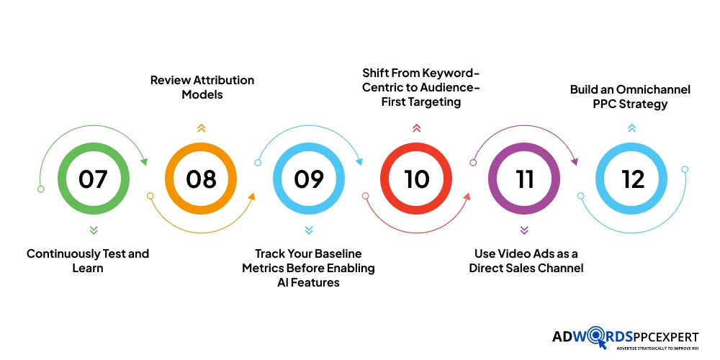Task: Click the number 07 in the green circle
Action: pyautogui.click(x=93, y=179)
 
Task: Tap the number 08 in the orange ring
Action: pyautogui.click(x=201, y=179)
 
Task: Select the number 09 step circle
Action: pyautogui.click(x=309, y=179)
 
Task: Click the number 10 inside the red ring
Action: pyautogui.click(x=416, y=179)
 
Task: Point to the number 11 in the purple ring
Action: pyautogui.click(x=524, y=179)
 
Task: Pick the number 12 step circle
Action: pyautogui.click(x=631, y=179)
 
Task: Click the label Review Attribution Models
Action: pyautogui.click(x=202, y=87)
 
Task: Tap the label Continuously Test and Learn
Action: pyautogui.click(x=88, y=261)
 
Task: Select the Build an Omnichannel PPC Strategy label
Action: pyautogui.click(x=630, y=96)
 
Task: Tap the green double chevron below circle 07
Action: pyautogui.click(x=94, y=230)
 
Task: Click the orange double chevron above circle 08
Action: pyautogui.click(x=201, y=128)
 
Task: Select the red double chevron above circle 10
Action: pyautogui.click(x=416, y=128)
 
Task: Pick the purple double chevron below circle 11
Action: pyautogui.click(x=524, y=230)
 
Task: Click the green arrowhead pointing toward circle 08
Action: pyautogui.click(x=144, y=161)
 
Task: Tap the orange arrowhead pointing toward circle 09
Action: pyautogui.click(x=251, y=197)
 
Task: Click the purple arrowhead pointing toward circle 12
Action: pyautogui.click(x=574, y=161)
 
